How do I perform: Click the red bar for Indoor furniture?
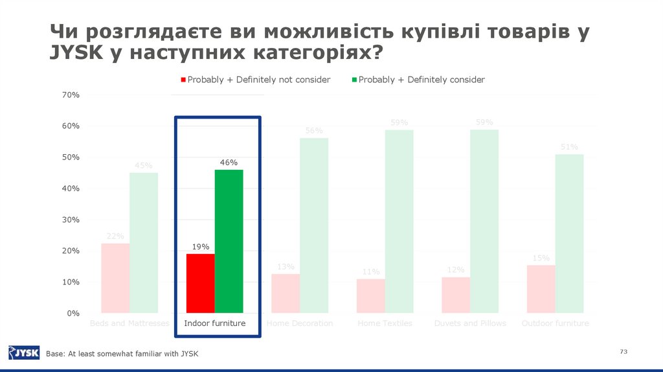coord(200,283)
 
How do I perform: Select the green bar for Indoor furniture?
coord(229,241)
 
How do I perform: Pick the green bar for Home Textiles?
coord(399,221)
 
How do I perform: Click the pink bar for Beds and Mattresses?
coord(115,278)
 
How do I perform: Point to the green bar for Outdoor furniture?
coord(569,233)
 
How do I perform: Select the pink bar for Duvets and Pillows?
coord(456,295)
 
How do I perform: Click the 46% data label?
coord(229,162)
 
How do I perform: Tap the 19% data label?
coord(200,246)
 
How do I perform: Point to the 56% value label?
coord(314,130)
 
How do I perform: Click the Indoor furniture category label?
coord(215,323)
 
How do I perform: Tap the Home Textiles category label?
coord(385,323)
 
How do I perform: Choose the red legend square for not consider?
coord(183,80)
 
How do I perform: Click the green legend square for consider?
coord(354,80)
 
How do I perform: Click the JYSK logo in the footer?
coord(24,353)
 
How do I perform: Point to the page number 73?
coord(624,351)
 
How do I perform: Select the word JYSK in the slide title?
coord(75,52)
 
